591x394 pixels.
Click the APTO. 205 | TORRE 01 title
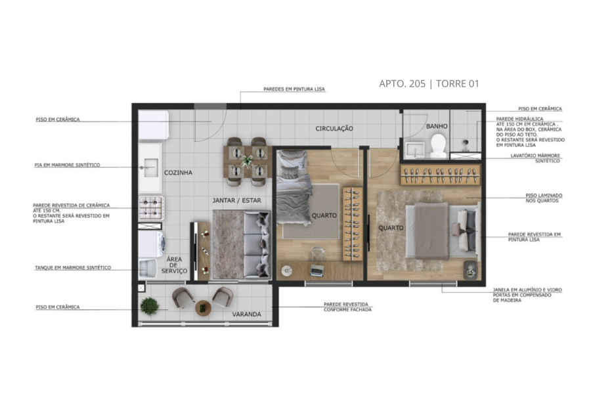click(x=429, y=83)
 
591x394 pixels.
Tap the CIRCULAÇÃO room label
click(x=334, y=129)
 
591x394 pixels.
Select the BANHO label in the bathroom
click(x=437, y=126)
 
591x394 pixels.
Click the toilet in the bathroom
click(x=439, y=146)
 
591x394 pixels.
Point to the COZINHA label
click(x=178, y=173)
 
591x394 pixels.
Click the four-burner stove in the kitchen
click(x=151, y=208)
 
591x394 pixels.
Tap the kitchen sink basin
click(x=151, y=168)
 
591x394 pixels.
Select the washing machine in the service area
click(x=152, y=244)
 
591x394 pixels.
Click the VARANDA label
click(x=246, y=315)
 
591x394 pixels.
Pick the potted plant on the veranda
click(x=150, y=306)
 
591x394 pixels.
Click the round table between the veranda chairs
click(x=203, y=308)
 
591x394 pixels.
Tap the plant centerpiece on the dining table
click(x=248, y=162)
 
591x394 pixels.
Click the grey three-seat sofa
click(x=257, y=245)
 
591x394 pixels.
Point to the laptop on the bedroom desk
click(x=317, y=270)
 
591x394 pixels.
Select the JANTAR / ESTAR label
click(x=236, y=200)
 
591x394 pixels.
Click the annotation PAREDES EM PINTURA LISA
click(x=294, y=89)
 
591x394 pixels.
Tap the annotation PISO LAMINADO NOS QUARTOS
click(x=544, y=198)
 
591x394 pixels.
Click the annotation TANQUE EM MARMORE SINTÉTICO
click(x=73, y=268)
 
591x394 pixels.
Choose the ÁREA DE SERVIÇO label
click(x=174, y=265)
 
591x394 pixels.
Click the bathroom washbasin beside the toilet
click(x=414, y=150)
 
